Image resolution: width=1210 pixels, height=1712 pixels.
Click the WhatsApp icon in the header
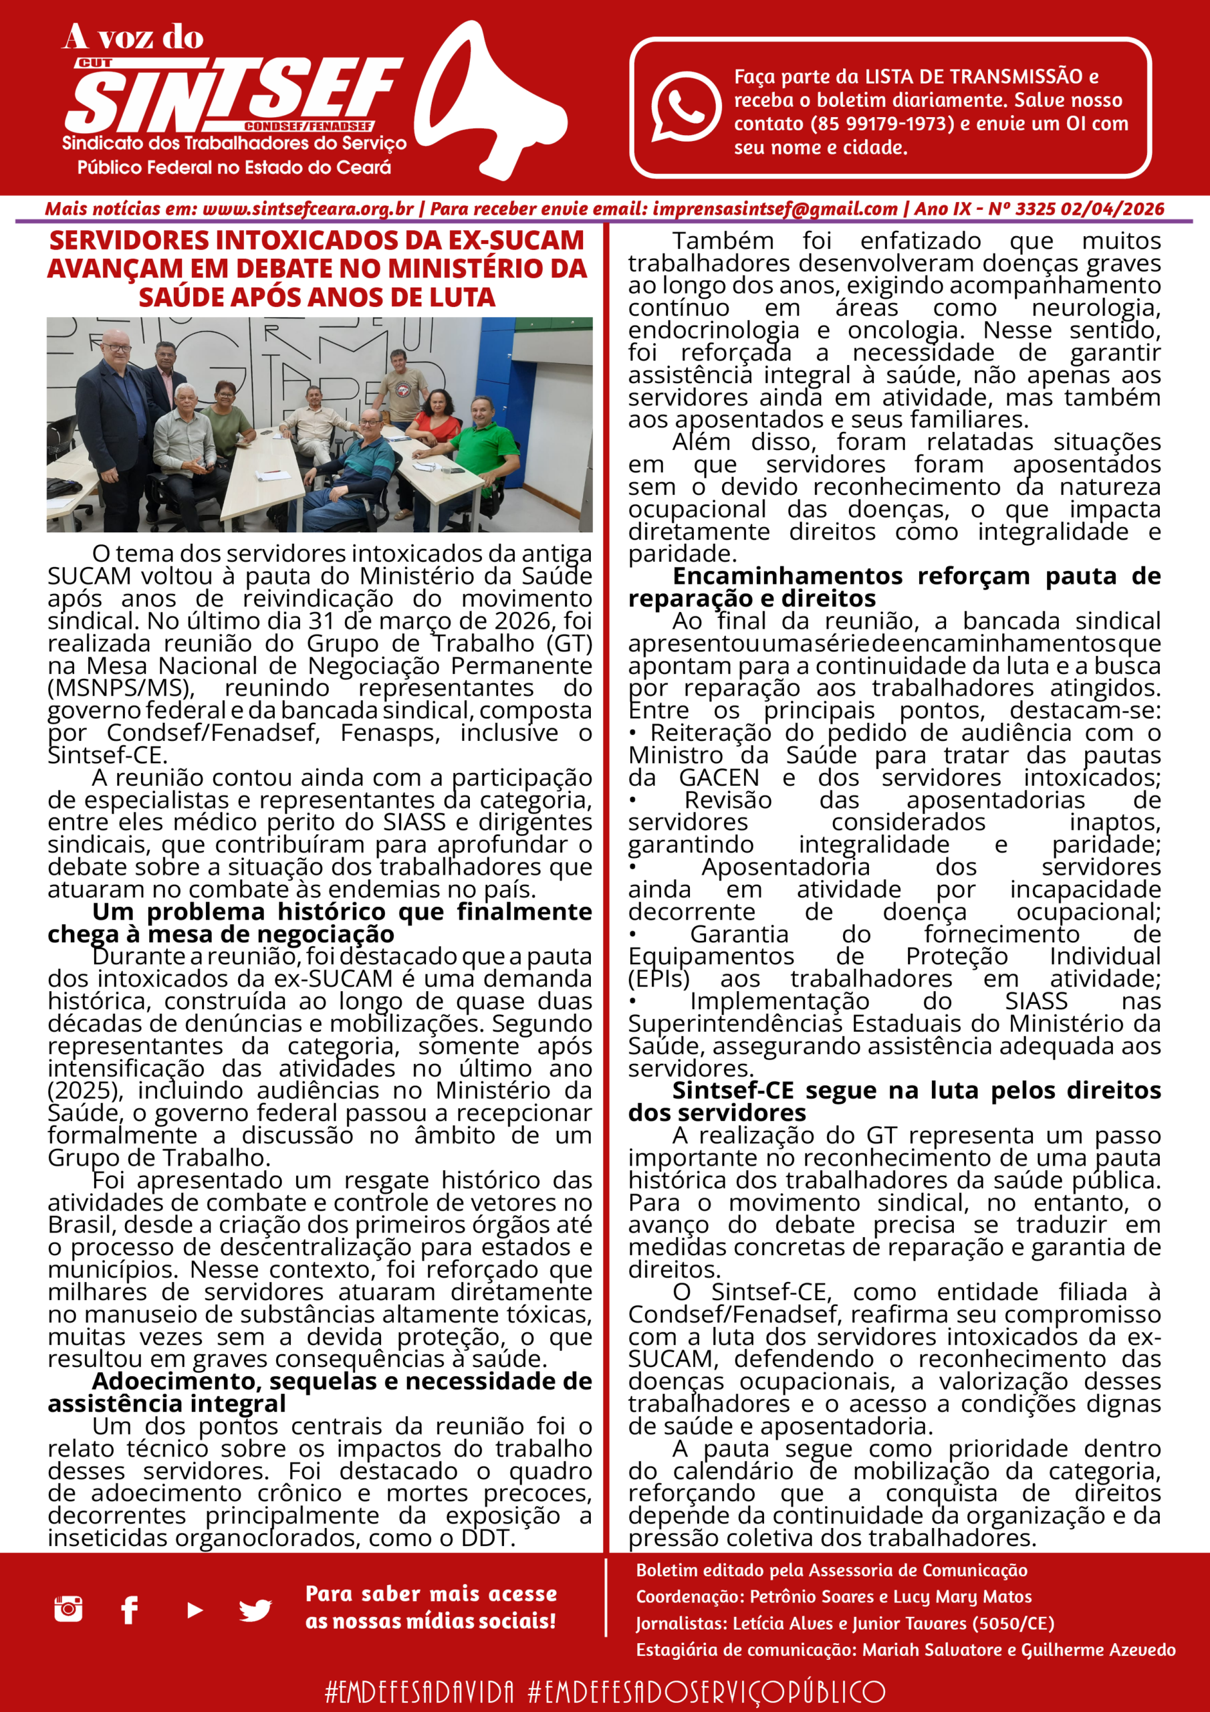[685, 106]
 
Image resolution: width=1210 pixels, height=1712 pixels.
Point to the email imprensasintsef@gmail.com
[775, 209]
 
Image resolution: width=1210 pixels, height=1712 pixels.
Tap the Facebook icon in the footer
[130, 1610]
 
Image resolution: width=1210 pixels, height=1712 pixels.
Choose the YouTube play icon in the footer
[195, 1610]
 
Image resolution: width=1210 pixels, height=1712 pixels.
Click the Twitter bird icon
[255, 1610]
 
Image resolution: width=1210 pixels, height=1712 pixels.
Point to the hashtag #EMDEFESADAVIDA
[420, 1691]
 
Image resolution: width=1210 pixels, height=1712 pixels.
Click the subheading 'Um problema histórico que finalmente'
[342, 912]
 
